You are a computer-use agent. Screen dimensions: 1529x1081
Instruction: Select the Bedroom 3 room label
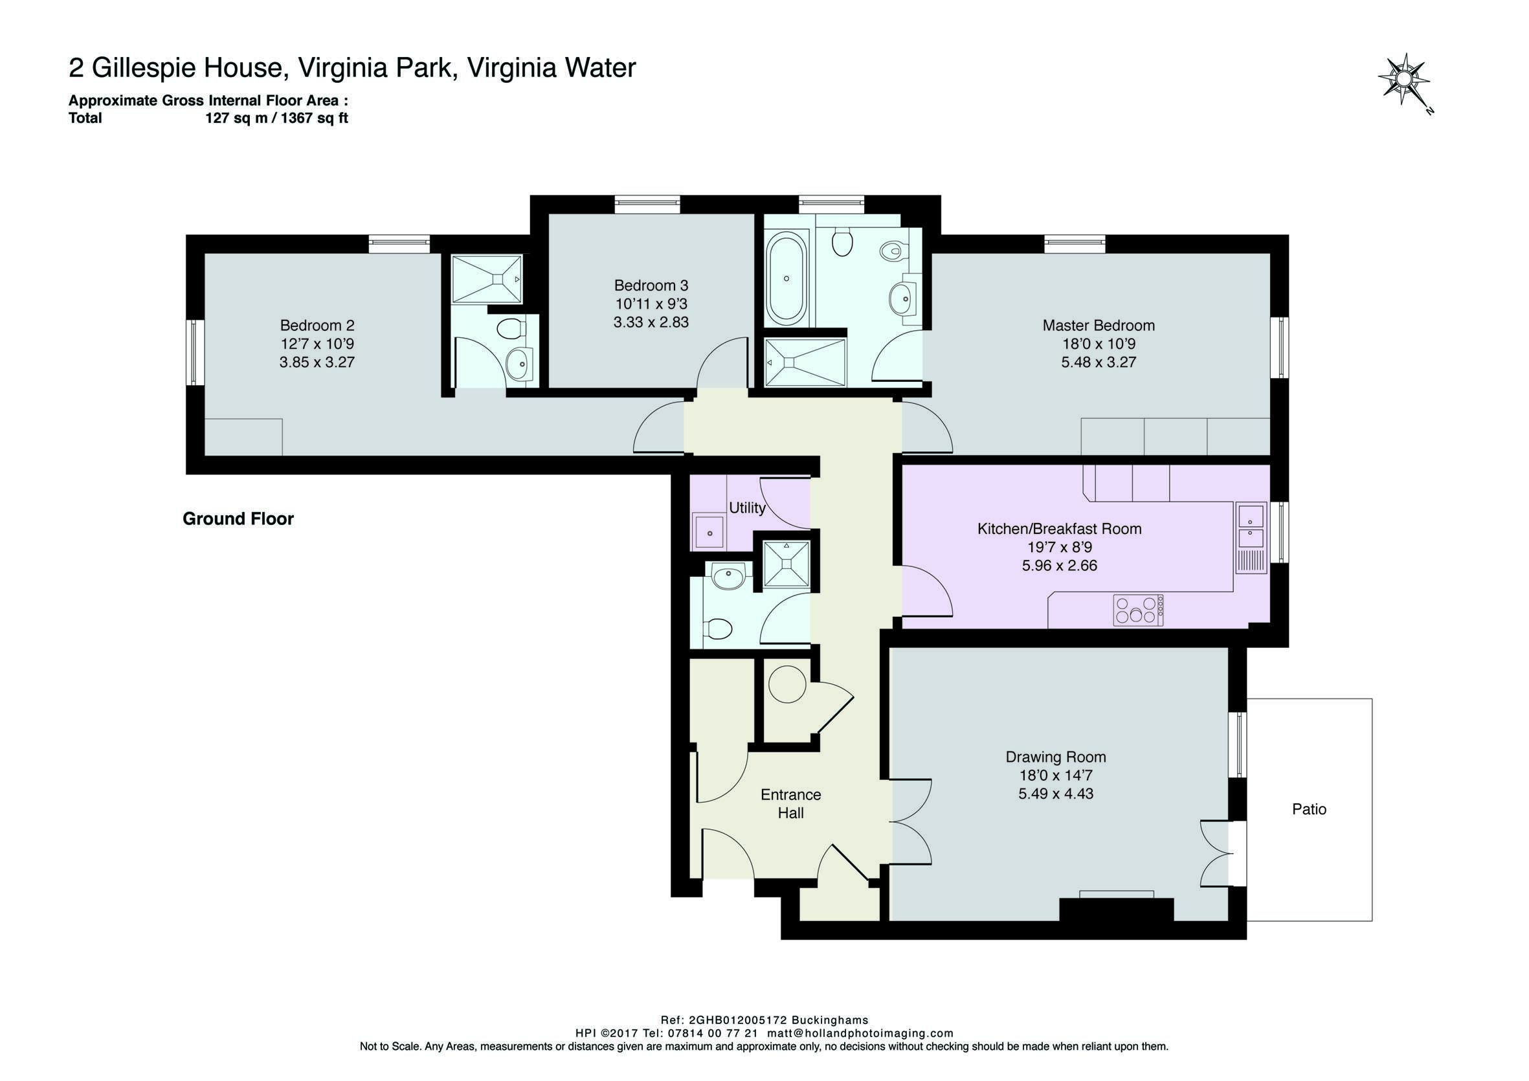(651, 285)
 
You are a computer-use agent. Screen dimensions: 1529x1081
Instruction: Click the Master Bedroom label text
(1098, 326)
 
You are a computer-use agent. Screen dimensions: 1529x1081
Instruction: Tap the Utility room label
(746, 508)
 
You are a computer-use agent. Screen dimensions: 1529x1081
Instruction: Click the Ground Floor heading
(238, 519)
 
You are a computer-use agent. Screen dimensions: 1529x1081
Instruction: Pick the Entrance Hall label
(790, 804)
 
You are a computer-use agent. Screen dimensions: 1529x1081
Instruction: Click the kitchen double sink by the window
(1251, 525)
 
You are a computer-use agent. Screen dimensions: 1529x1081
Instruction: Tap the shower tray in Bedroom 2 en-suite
(487, 278)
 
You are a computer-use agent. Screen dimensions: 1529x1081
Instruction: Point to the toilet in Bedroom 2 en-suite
(511, 329)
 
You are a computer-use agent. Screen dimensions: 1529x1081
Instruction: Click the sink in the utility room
(710, 532)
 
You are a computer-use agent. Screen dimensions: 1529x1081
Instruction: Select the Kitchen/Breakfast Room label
(1059, 529)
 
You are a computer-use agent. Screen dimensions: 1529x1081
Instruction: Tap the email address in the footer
(860, 1033)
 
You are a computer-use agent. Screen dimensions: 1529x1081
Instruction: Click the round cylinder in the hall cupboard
(787, 684)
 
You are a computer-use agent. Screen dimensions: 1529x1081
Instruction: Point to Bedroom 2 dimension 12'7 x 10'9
(317, 344)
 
